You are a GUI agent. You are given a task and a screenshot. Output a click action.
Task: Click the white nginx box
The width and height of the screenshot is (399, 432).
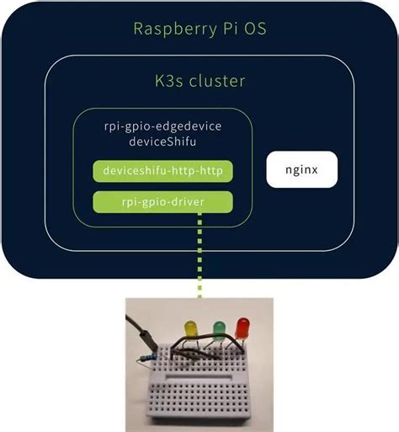coord(302,169)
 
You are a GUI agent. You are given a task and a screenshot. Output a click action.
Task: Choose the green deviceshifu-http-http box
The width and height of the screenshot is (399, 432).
coord(162,171)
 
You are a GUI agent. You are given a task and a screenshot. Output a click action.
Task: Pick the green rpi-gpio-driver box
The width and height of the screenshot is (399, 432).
coord(162,201)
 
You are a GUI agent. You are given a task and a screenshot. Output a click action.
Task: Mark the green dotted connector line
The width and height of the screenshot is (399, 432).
coord(200,253)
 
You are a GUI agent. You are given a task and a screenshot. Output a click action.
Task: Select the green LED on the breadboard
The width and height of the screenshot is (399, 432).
coord(219,328)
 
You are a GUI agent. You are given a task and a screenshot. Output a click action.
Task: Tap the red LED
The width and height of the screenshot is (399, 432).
coord(244,326)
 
